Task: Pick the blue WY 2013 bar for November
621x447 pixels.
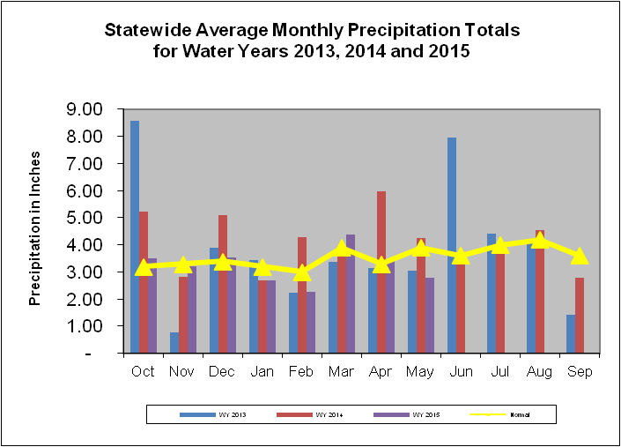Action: (x=174, y=342)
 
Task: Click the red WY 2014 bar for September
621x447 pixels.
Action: (x=580, y=315)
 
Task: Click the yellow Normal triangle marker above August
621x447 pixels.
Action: (x=539, y=241)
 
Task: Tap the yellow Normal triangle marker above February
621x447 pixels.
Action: (x=302, y=272)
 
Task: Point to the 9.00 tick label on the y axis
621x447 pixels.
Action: (x=85, y=109)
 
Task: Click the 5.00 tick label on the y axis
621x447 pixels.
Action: (x=85, y=218)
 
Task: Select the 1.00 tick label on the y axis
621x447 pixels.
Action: (x=85, y=326)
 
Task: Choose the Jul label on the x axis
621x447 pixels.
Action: (x=499, y=371)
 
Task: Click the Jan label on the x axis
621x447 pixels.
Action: (x=262, y=371)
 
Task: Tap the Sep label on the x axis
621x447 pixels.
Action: (x=579, y=371)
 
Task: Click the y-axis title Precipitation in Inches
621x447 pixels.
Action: (x=35, y=227)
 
